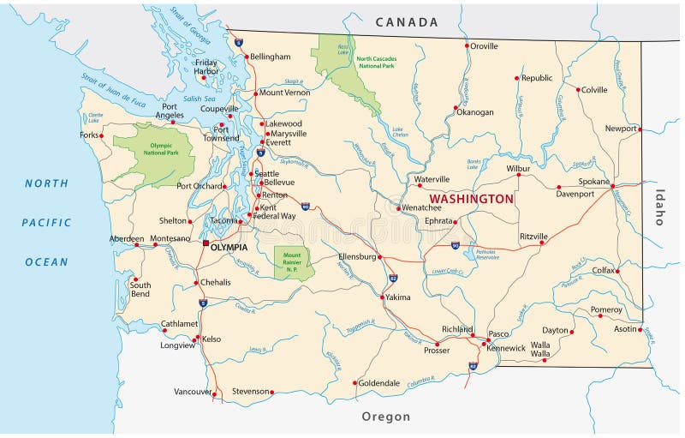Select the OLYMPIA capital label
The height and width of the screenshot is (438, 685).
click(229, 247)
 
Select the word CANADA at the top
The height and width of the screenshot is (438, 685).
click(407, 22)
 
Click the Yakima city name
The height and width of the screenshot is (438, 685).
click(397, 297)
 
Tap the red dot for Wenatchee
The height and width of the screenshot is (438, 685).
click(399, 207)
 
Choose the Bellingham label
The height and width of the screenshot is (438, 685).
click(270, 57)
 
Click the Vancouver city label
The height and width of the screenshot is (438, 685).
click(192, 391)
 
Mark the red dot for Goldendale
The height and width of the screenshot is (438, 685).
click(354, 383)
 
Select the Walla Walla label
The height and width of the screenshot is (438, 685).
click(540, 348)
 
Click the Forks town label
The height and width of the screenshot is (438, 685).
click(90, 135)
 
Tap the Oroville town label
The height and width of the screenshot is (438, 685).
click(485, 45)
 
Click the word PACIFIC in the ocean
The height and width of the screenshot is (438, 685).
click(46, 222)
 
